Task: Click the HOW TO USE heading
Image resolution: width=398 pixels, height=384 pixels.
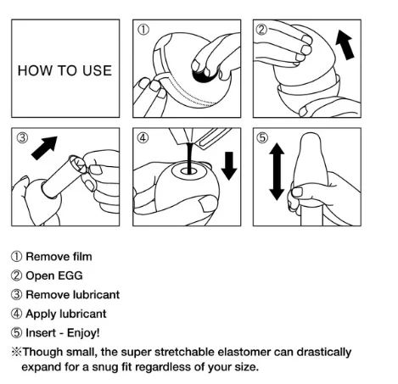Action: coord(64,70)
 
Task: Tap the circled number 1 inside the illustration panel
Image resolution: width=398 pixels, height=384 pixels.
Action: coord(143,30)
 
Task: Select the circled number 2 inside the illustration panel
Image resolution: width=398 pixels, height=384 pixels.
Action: coord(263,30)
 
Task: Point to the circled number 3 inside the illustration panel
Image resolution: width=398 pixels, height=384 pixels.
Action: coord(22,138)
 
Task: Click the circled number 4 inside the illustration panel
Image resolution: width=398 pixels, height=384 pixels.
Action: coord(143,138)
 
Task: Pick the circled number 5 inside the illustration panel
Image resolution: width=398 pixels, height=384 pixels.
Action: coord(264,138)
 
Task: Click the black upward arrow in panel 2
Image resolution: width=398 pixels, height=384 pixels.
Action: coord(348,46)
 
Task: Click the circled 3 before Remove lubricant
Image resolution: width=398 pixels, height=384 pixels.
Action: coord(16,295)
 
